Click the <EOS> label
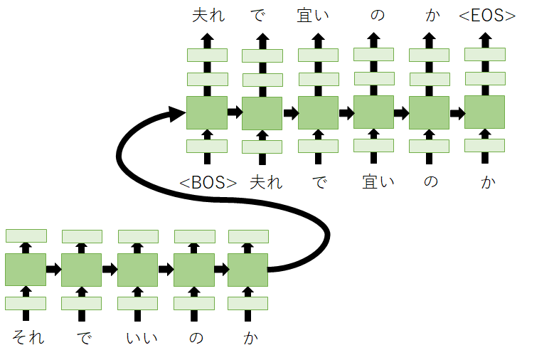(x=487, y=16)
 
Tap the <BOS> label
(x=208, y=182)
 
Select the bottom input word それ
(x=28, y=337)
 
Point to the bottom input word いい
(x=138, y=337)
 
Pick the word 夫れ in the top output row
(x=208, y=16)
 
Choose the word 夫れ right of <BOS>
(x=265, y=182)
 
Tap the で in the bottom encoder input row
(x=84, y=337)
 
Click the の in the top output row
(x=376, y=16)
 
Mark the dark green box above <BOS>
(x=207, y=112)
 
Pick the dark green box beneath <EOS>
(x=484, y=112)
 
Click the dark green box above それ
(x=26, y=270)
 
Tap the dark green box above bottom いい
(x=137, y=270)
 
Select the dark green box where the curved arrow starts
(x=247, y=270)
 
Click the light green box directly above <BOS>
(x=207, y=146)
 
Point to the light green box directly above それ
(x=26, y=303)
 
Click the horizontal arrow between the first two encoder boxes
(x=53, y=270)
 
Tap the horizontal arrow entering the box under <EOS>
(x=457, y=112)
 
